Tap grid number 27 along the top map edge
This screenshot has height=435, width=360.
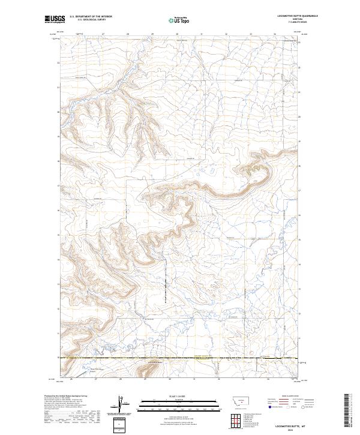103,34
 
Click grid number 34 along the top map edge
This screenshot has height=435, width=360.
275,34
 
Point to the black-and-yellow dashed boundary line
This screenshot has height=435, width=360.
180,359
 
